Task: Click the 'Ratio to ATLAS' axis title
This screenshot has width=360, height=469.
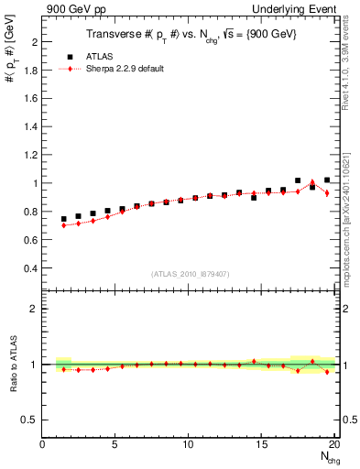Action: (13, 365)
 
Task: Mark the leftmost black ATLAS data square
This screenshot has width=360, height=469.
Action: (64, 220)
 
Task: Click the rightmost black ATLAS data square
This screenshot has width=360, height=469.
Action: (327, 180)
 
